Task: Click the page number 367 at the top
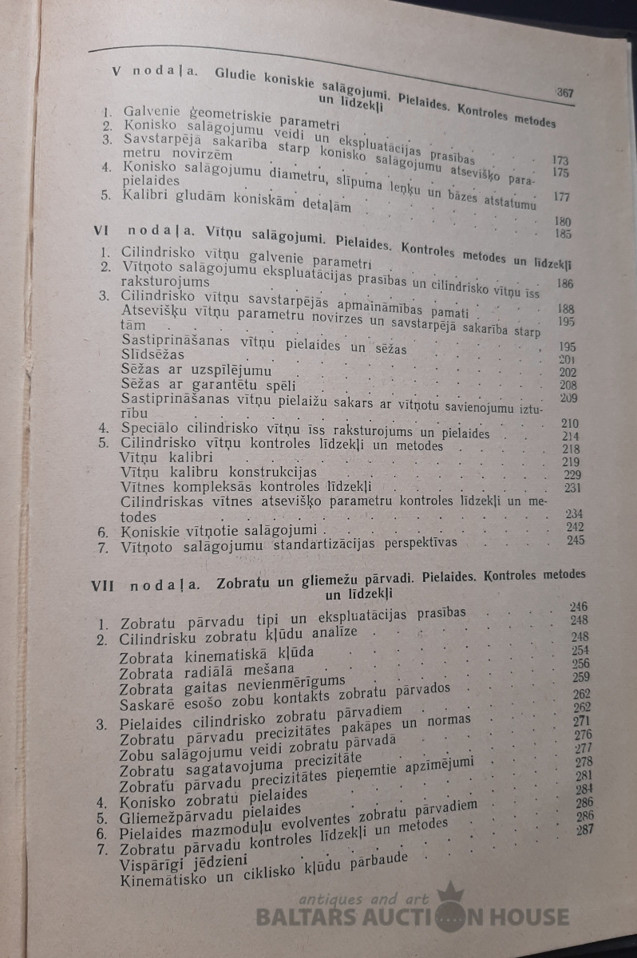tap(565, 93)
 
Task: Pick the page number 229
tap(573, 475)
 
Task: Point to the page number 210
tap(571, 423)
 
